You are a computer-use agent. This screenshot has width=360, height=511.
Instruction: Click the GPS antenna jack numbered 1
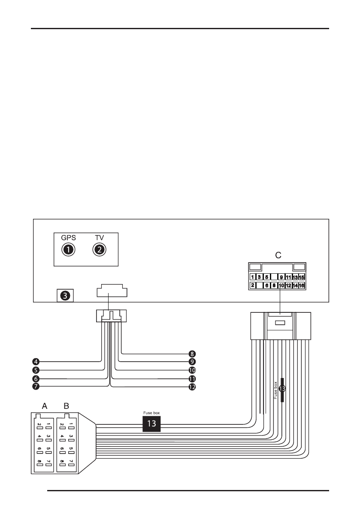[x=67, y=249]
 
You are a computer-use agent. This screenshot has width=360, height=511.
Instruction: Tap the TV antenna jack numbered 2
[x=99, y=249]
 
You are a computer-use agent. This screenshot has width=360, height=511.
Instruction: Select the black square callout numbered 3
[x=65, y=295]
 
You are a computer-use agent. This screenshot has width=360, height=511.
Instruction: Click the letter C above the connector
[x=278, y=255]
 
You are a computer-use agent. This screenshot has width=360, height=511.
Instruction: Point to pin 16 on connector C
[x=302, y=285]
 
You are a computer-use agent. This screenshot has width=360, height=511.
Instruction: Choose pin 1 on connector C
[x=253, y=277]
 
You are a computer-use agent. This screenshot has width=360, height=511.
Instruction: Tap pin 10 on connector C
[x=281, y=285]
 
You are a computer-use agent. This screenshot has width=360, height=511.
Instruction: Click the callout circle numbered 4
[x=36, y=361]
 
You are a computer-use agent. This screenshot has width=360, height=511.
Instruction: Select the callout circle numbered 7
[x=36, y=387]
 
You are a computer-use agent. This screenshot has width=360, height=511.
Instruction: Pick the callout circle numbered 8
[x=192, y=354]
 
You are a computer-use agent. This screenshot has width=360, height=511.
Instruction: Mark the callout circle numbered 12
[x=192, y=387]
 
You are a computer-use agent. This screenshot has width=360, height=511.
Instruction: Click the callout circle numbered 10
[x=192, y=370]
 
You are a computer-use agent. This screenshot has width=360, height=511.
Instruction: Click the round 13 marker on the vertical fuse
[x=282, y=389]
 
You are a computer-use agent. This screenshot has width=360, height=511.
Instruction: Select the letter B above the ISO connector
[x=66, y=405]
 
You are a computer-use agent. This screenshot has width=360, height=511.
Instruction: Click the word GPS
[x=67, y=237]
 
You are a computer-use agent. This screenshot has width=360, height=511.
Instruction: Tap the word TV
[x=99, y=237]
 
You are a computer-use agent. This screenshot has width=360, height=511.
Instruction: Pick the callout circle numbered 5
[x=36, y=370]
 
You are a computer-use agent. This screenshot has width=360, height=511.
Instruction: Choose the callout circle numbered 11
[x=192, y=379]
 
